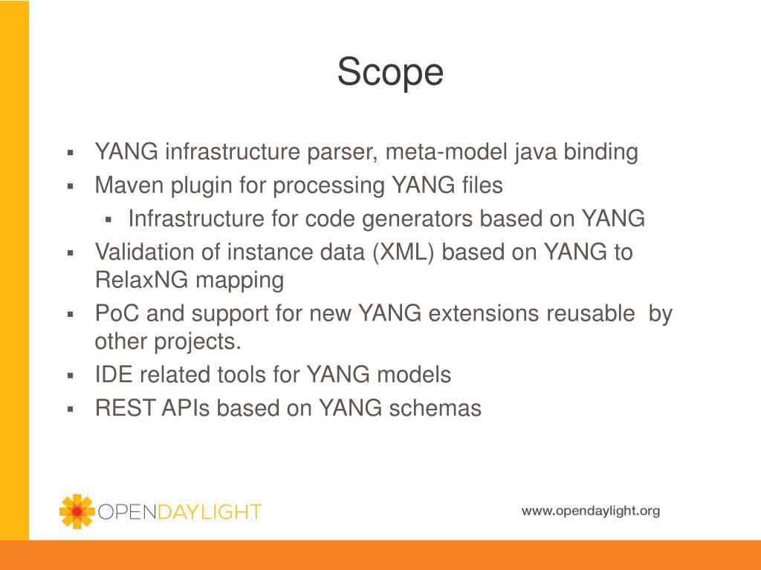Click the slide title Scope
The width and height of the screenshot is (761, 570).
coord(390,72)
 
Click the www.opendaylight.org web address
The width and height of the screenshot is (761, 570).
coord(590,511)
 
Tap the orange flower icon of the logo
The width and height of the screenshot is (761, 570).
coord(77,511)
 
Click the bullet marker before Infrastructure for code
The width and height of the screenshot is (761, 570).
coord(108,220)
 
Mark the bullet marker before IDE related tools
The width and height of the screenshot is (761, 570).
coord(71,376)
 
